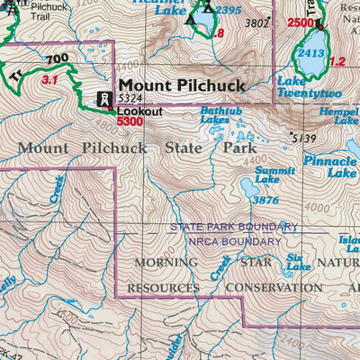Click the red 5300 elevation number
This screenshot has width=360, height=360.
coord(130,121)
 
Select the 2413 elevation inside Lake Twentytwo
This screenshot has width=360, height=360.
coord(311,53)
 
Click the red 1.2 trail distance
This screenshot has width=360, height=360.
coord(337,61)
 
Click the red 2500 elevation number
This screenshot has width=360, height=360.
coord(301,22)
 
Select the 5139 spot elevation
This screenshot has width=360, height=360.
coord(305,138)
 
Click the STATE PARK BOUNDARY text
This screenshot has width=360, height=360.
coord(233,227)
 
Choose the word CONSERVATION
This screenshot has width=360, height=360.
coord(274,288)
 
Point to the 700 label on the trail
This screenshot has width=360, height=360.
coord(58,60)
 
